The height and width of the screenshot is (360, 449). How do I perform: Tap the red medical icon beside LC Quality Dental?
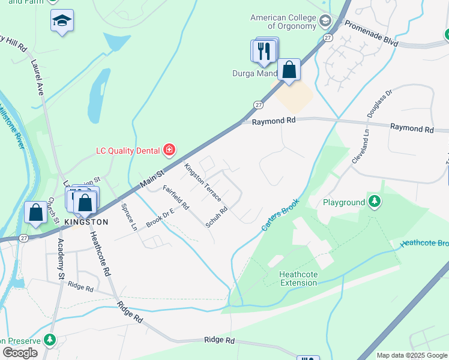pyautogui.click(x=169, y=149)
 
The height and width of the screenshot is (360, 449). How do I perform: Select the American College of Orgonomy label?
pyautogui.click(x=284, y=22)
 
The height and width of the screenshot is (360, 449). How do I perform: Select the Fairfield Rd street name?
pyautogui.click(x=176, y=197)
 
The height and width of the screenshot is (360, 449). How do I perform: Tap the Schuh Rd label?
pyautogui.click(x=217, y=217)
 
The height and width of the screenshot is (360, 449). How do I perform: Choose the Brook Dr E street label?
pyautogui.click(x=159, y=217)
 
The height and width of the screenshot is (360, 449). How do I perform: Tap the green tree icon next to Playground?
pyautogui.click(x=375, y=200)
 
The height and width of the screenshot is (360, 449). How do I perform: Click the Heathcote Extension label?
pyautogui.click(x=298, y=279)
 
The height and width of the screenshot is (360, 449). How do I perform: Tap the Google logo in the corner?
pyautogui.click(x=20, y=352)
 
